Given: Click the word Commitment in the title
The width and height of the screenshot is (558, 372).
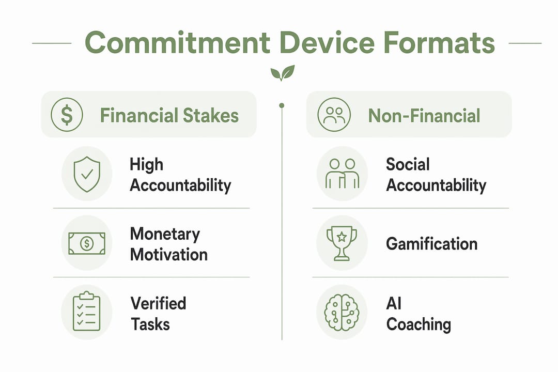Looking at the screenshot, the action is (177, 43).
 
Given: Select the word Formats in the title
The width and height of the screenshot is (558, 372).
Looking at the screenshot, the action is (439, 43).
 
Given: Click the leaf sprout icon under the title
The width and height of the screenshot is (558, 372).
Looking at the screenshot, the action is (283, 73).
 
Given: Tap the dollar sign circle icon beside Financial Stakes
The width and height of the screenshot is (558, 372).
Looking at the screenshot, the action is (67, 115).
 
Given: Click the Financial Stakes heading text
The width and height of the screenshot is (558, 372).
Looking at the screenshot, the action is (169, 116).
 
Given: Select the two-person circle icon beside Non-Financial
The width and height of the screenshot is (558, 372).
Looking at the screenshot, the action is (334, 115).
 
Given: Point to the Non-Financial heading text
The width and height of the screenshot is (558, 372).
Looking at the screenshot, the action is (424, 116).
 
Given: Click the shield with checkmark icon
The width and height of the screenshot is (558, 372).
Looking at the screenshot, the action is (87, 174).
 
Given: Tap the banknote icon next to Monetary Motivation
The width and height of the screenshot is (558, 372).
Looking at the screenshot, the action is (87, 243).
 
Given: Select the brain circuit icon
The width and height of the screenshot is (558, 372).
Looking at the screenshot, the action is (342, 313).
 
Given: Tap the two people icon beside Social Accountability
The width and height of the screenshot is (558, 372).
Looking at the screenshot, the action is (342, 174).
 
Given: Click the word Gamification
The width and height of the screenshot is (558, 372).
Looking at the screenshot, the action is (431, 244).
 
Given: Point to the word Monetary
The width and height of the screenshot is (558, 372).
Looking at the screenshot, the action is (165, 234).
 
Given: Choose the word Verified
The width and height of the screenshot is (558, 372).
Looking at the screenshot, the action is (159, 303).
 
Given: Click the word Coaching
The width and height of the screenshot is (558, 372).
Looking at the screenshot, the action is (419, 324).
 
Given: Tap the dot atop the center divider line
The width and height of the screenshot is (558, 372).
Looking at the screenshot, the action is (282, 105).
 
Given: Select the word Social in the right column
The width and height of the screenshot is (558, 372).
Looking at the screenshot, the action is (408, 164).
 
